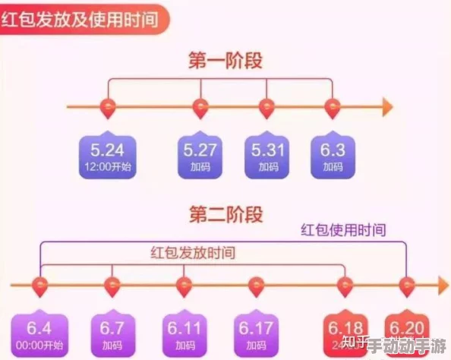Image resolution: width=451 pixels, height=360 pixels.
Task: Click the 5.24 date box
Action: (x=106, y=156)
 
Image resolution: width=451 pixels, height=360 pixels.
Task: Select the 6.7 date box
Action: (x=112, y=334)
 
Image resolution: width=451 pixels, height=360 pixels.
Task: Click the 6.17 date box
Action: (x=256, y=334)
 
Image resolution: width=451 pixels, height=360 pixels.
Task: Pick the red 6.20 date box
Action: (x=409, y=334)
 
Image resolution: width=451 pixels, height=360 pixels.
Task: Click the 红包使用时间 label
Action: (x=343, y=229)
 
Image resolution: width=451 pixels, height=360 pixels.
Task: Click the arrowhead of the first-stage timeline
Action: (x=388, y=107)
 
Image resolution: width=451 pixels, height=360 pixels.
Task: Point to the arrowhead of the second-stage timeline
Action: (x=442, y=285)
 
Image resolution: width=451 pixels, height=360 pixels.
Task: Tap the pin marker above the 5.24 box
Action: (x=107, y=109)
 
